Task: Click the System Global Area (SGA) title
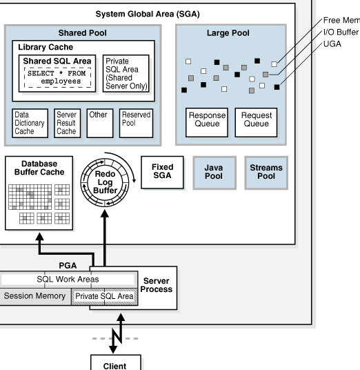148,14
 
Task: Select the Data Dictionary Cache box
30,123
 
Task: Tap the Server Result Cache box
67,123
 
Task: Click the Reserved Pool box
136,123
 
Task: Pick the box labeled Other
100,123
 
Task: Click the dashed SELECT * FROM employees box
57,77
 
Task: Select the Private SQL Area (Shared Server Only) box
126,73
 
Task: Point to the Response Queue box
207,122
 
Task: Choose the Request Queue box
256,122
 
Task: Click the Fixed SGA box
162,173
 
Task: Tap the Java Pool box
214,173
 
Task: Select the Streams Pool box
266,173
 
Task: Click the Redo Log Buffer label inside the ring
105,182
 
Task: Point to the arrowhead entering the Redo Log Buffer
105,213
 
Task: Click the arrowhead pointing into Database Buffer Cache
39,237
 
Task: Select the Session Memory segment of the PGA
35,296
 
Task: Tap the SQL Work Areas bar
68,280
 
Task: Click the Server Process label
157,285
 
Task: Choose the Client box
116,362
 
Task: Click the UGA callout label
332,44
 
